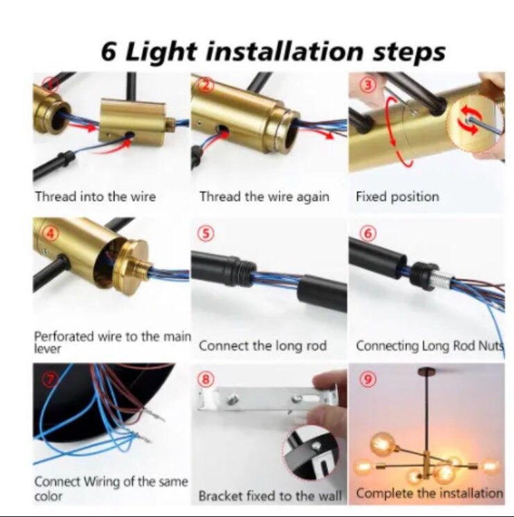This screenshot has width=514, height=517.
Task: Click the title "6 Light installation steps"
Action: click(x=273, y=51)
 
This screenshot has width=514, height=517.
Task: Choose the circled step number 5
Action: click(x=205, y=234)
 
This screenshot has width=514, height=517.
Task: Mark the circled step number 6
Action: click(x=366, y=234)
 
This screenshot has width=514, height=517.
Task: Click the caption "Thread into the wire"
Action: click(x=95, y=196)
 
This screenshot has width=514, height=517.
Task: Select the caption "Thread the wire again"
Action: click(x=264, y=196)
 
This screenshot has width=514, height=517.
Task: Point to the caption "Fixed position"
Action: click(x=397, y=196)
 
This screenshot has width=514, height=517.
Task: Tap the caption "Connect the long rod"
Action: click(x=263, y=345)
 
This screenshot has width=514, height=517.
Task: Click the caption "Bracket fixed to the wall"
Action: click(x=270, y=496)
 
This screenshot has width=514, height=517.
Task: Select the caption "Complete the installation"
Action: click(x=429, y=493)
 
